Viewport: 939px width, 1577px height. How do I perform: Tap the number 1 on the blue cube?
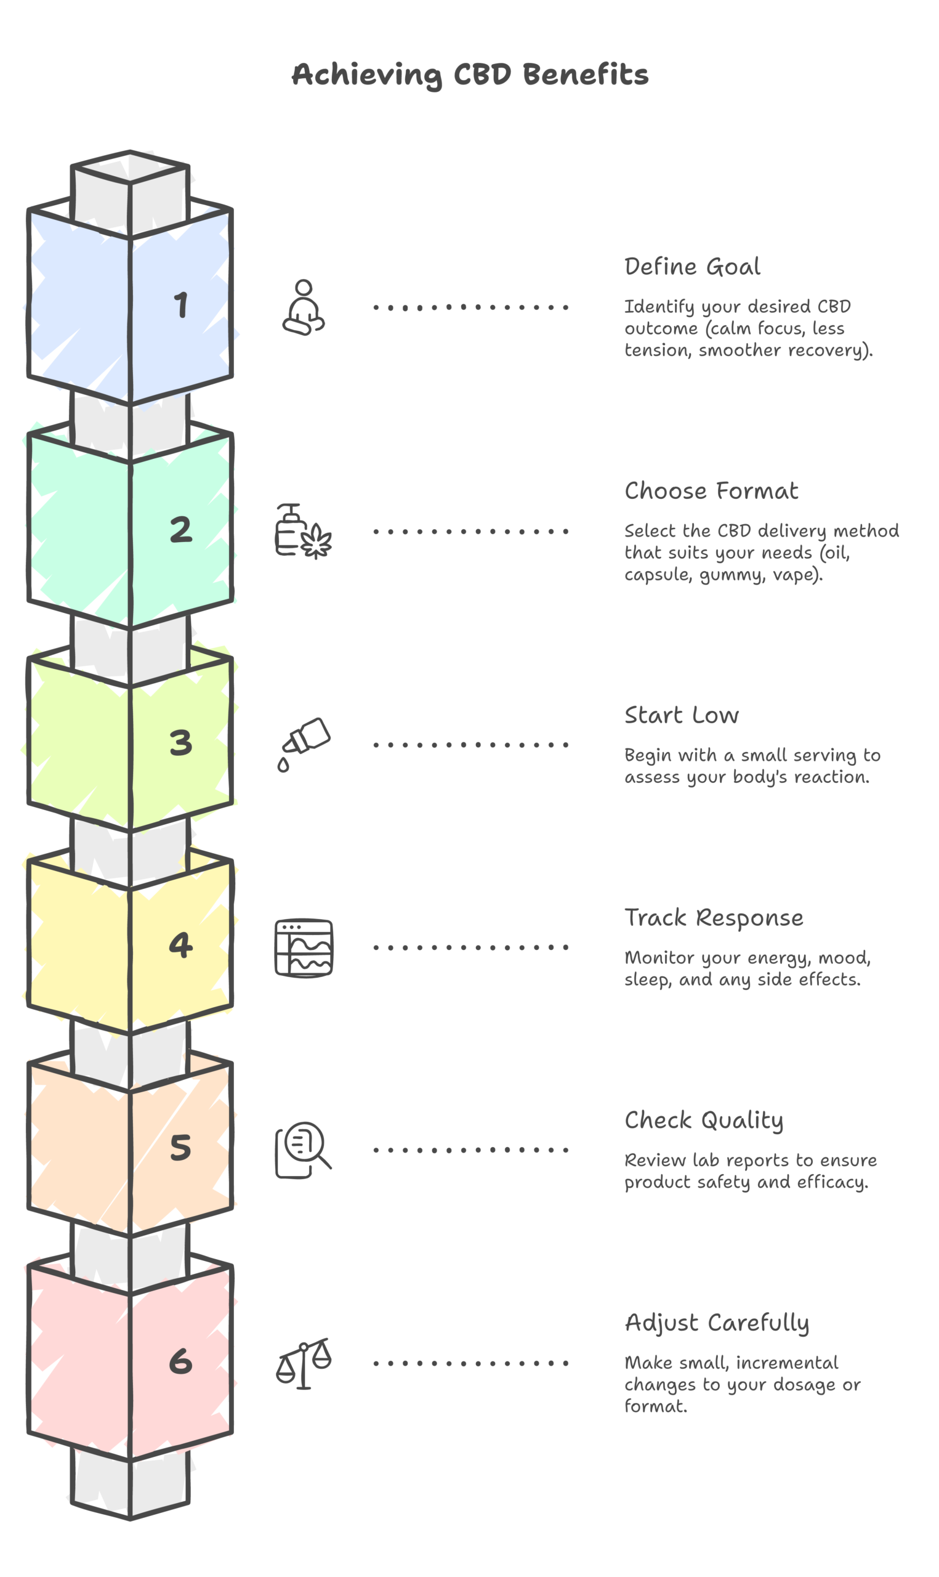(x=182, y=304)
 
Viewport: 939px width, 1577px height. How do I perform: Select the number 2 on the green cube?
(x=181, y=529)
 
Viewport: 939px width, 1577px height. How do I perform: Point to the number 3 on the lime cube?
(x=181, y=743)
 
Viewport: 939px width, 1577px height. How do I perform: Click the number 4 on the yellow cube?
(x=181, y=945)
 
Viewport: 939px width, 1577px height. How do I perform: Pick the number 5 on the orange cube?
(x=181, y=1147)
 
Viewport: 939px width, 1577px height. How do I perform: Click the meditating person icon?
(x=304, y=307)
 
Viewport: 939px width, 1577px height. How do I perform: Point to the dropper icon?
(x=304, y=745)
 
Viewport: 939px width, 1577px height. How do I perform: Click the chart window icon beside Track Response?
(x=304, y=948)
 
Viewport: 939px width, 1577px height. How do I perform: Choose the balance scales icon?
(x=304, y=1364)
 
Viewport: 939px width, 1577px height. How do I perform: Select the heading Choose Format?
(x=711, y=491)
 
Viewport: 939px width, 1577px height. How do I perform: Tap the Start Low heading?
(x=682, y=716)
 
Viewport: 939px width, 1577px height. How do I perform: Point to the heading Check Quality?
(x=704, y=1121)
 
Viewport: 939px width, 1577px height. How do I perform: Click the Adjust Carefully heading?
(x=717, y=1323)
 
